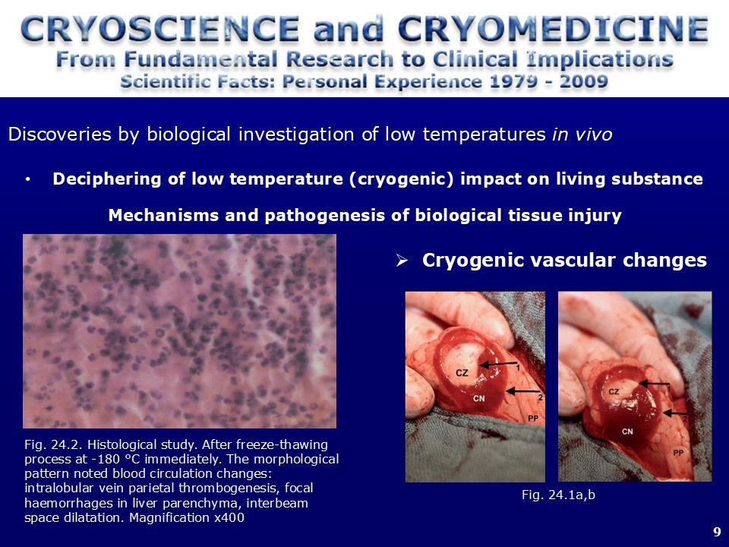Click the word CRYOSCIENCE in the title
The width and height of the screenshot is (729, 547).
[x=160, y=28]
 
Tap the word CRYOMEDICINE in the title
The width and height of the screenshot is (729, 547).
[x=554, y=28]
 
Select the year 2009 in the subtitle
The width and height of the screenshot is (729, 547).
[x=584, y=81]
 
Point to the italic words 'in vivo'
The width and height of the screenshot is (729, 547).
[x=582, y=134]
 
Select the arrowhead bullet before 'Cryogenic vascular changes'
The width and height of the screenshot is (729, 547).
[x=402, y=261]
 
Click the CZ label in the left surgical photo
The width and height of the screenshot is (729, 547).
[x=462, y=372]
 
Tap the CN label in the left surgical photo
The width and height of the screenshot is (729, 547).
[x=479, y=398]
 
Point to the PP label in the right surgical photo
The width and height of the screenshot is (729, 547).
[x=678, y=453]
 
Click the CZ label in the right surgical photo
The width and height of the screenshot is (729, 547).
[x=614, y=392]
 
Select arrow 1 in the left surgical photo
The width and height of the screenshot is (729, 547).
[x=498, y=364]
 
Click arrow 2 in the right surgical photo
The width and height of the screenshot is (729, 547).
[x=674, y=413]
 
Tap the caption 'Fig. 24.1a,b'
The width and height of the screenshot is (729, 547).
[x=558, y=495]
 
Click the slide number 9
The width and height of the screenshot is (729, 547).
[x=716, y=532]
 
